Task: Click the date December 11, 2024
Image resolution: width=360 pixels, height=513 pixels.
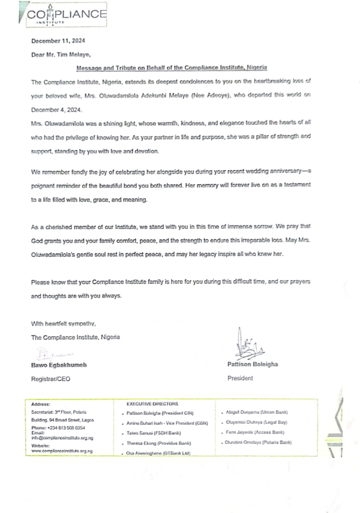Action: tap(58, 41)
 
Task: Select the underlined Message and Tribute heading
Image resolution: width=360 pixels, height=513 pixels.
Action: tap(172, 68)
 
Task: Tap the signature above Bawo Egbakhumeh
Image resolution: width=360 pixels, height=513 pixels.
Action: tap(52, 354)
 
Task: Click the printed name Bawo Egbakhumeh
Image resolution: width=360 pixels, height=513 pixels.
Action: tap(59, 365)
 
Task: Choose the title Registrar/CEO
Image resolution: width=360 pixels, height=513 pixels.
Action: tap(50, 379)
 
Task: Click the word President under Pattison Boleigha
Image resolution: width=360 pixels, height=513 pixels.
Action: tap(240, 378)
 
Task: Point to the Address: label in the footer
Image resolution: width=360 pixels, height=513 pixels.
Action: tap(40, 404)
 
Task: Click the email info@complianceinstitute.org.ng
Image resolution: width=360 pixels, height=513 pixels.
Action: tap(62, 438)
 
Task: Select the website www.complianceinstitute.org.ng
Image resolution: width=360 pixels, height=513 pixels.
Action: tap(62, 451)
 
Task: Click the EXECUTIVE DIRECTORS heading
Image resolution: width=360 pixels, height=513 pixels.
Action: tap(153, 404)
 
